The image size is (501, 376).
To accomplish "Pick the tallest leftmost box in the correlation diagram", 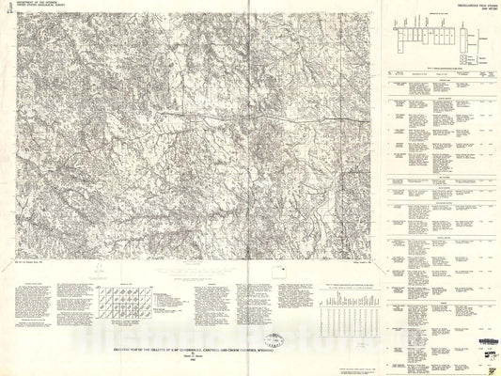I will point(400,38).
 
